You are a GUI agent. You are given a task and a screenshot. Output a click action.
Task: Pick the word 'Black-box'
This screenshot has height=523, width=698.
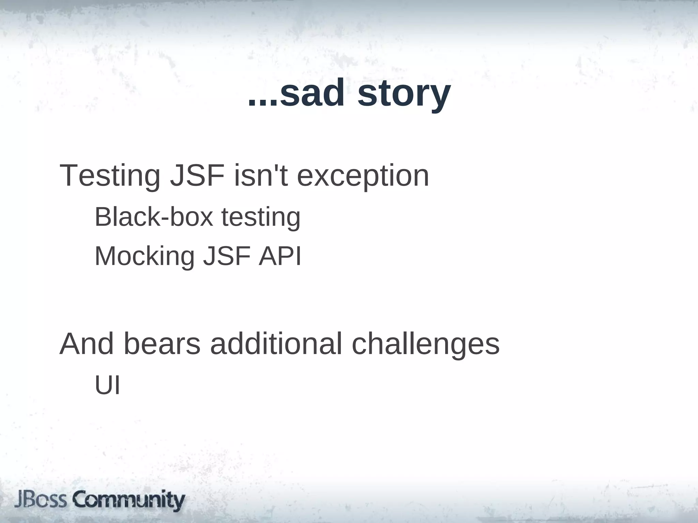point(154,217)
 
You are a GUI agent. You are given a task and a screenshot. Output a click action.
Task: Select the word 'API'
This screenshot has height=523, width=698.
point(280,256)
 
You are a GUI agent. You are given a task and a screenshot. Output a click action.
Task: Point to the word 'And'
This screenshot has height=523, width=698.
point(87,344)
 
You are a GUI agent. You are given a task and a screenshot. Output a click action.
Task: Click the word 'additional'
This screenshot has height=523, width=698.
point(276,344)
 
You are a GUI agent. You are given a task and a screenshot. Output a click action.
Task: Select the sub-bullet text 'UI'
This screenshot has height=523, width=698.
point(107,385)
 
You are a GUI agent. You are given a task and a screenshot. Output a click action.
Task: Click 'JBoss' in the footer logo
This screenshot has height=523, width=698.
point(41,500)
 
